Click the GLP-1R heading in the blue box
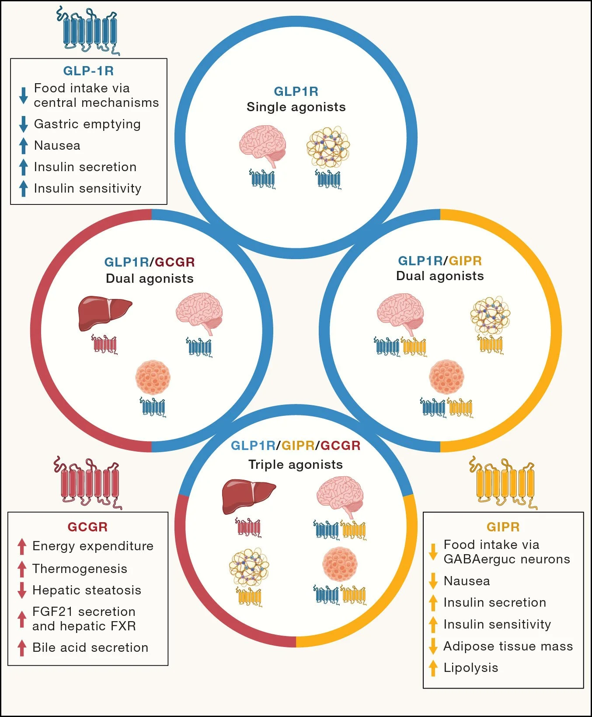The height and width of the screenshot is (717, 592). (x=88, y=71)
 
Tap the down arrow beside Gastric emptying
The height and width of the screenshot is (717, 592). (x=24, y=124)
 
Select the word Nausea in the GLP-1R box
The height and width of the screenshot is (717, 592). (x=57, y=145)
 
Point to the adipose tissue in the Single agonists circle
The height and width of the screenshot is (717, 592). (x=328, y=147)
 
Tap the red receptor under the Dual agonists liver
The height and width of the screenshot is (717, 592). (x=104, y=344)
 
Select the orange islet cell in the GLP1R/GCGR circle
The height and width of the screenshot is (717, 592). (x=153, y=377)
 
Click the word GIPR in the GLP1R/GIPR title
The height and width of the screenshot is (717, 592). (x=465, y=261)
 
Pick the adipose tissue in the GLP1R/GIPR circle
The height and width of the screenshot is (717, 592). (x=490, y=315)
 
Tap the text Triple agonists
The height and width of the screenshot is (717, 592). (x=296, y=464)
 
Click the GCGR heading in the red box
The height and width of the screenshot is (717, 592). (x=87, y=527)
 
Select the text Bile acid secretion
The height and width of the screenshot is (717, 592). (x=91, y=647)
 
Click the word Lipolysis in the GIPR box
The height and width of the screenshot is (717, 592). (x=471, y=668)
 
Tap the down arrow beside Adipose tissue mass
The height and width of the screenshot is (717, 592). (x=433, y=646)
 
